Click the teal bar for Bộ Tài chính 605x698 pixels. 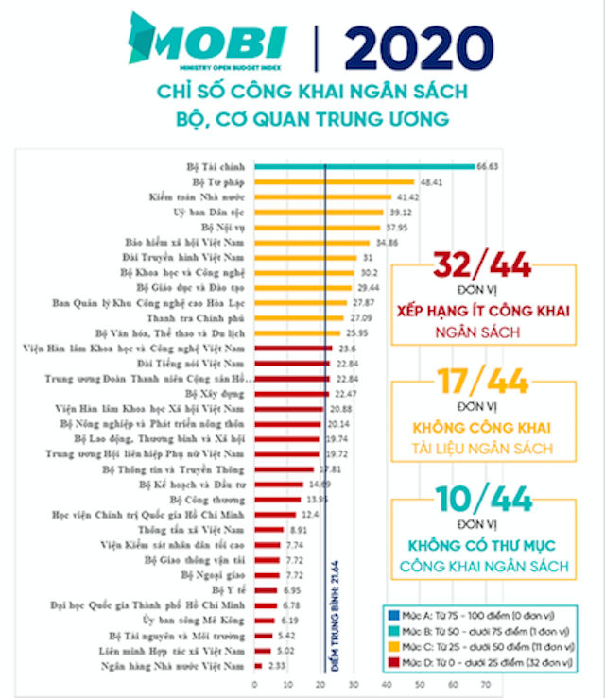[x=364, y=166]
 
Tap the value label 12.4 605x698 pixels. [x=309, y=515]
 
